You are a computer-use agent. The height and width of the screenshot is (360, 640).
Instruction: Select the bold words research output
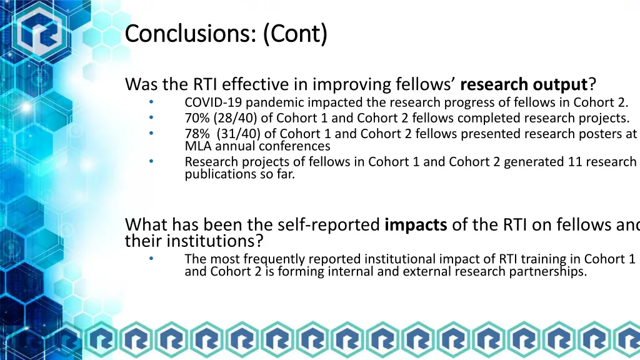[524, 84]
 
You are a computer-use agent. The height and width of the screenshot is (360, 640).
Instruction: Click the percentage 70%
[196, 118]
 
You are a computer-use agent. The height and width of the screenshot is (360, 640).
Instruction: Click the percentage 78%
[196, 134]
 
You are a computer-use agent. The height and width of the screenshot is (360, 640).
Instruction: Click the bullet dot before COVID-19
[151, 102]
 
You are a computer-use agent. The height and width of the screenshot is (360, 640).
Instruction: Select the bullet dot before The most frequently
[151, 258]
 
